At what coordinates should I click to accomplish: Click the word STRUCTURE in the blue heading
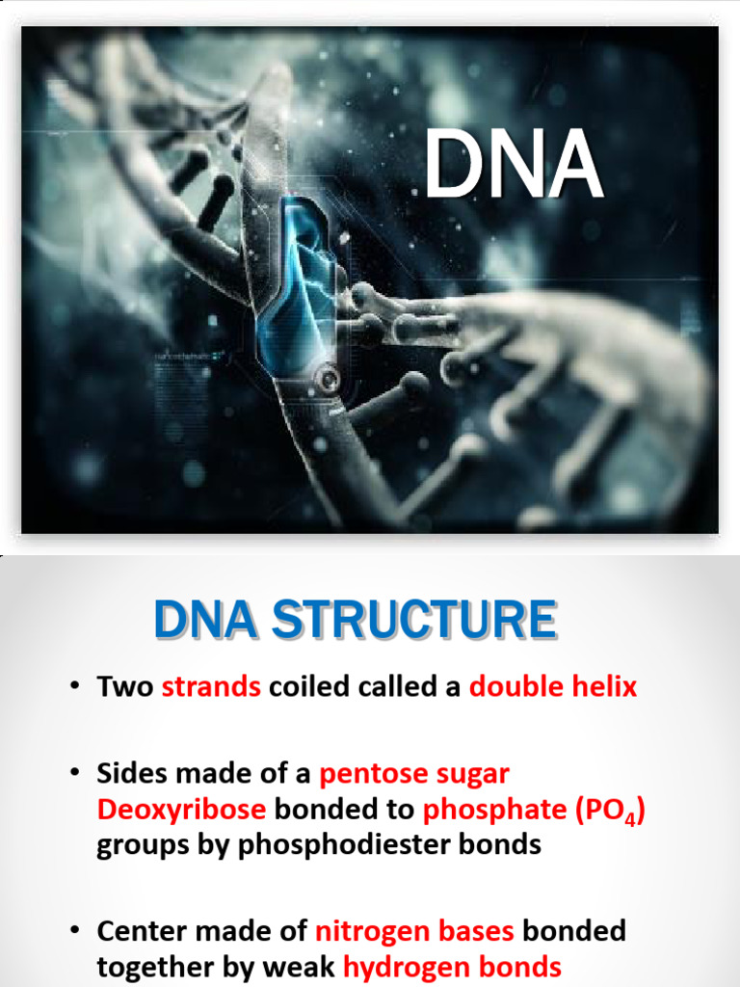(x=414, y=620)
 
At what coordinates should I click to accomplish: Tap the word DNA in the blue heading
(x=205, y=620)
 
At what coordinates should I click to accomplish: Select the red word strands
(x=211, y=686)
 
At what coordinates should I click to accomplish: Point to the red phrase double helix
(x=553, y=685)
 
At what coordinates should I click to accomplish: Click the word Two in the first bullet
(x=124, y=686)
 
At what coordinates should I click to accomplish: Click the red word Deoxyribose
(x=181, y=810)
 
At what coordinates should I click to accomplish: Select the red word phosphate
(x=494, y=810)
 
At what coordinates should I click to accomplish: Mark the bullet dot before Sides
(x=75, y=772)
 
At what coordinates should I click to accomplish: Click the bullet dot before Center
(x=75, y=930)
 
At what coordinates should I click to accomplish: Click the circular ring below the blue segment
(x=328, y=379)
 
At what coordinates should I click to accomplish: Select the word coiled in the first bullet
(x=309, y=686)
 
